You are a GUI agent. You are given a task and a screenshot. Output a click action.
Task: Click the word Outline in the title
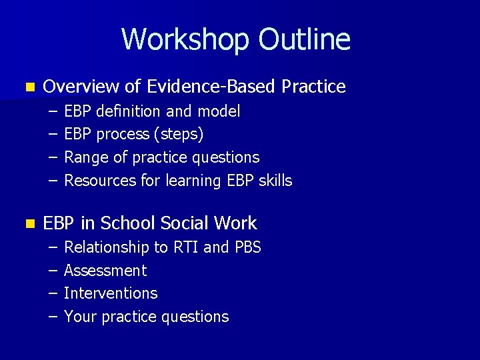pyautogui.click(x=304, y=39)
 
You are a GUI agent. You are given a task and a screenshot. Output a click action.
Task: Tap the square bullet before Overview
pyautogui.click(x=27, y=87)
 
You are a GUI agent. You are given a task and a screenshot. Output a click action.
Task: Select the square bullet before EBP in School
pyautogui.click(x=27, y=224)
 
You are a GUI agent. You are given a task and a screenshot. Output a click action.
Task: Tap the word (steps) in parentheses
pyautogui.click(x=179, y=135)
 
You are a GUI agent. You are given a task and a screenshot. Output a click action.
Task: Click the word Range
pyautogui.click(x=84, y=158)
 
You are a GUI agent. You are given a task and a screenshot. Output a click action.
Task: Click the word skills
pyautogui.click(x=274, y=181)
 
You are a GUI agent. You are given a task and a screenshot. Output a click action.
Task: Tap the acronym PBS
pyautogui.click(x=247, y=248)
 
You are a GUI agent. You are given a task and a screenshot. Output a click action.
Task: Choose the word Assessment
pyautogui.click(x=105, y=271)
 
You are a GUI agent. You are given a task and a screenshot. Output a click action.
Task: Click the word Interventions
pyautogui.click(x=111, y=293)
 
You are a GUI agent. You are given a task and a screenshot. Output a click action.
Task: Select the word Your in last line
pyautogui.click(x=80, y=317)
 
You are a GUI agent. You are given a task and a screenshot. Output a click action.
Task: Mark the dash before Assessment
pyautogui.click(x=53, y=271)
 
